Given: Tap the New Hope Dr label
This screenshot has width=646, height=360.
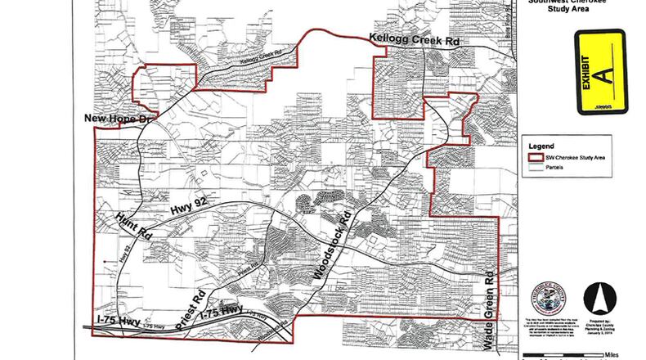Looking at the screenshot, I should point(119,120).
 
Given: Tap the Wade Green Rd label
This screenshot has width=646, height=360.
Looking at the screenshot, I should point(491,302).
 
